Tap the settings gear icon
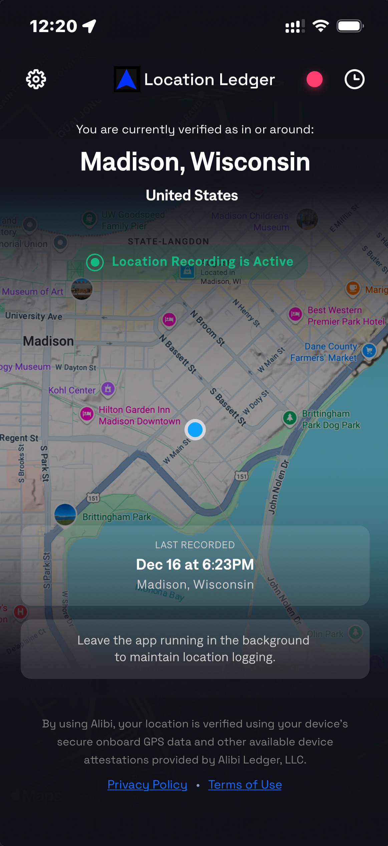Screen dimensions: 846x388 coord(36,80)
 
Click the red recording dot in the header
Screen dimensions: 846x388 coord(314,80)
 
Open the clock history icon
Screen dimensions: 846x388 coord(354,80)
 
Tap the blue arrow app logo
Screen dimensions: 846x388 coord(127,80)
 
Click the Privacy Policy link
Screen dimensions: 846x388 coord(147,784)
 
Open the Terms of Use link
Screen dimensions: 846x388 coord(245,784)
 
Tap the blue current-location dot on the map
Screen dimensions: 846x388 coord(195,430)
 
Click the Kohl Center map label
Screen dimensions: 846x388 coord(72,390)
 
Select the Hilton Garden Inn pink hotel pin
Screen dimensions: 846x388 coord(87,414)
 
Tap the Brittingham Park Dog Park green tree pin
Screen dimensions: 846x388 coord(290,418)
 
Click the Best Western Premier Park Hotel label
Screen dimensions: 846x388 coord(346,316)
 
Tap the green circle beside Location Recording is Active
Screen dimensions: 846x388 coord(95,262)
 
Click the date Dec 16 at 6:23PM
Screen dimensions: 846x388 coord(195,564)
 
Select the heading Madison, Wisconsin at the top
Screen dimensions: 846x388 coord(195,162)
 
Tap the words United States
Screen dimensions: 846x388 coord(192,195)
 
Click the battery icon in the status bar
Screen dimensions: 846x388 coord(350,26)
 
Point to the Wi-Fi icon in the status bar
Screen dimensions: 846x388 coord(321,26)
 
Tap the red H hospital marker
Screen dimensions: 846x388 coord(21,612)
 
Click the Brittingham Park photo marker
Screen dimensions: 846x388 coord(65,514)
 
